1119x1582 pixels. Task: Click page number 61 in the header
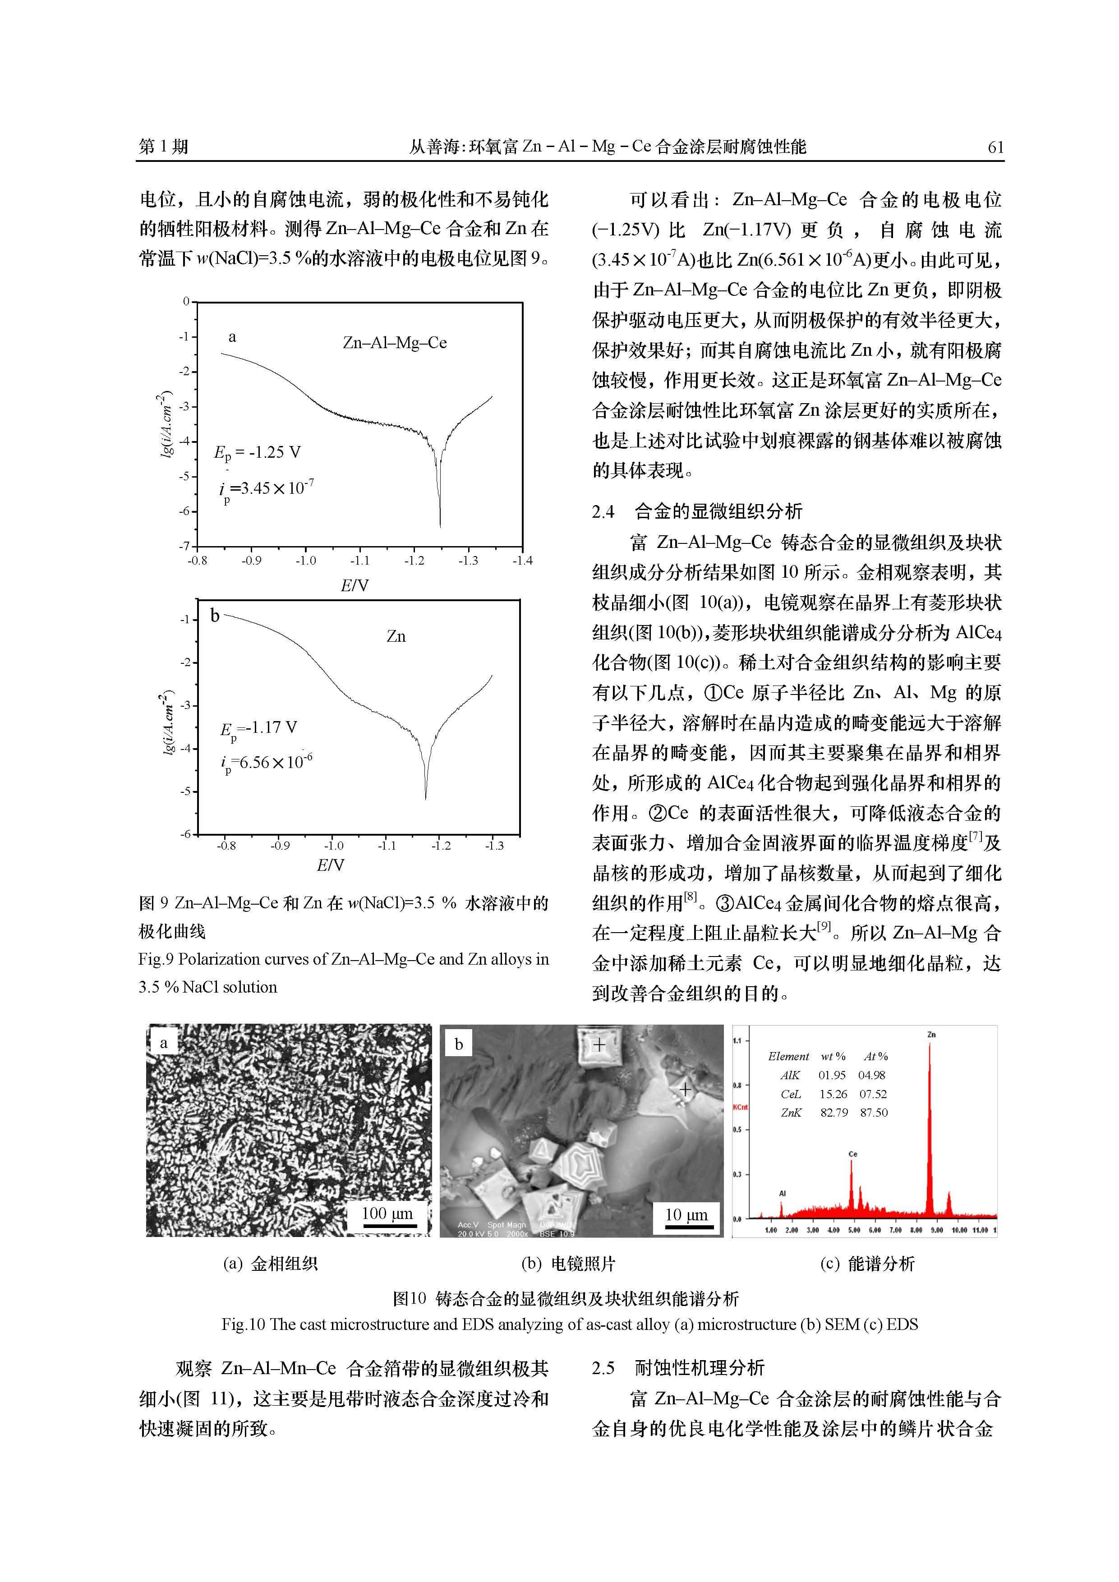coord(995,147)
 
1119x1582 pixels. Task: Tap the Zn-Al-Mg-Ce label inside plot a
coord(395,342)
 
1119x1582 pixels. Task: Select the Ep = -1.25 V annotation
coord(257,453)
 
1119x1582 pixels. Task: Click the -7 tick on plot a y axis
coord(184,547)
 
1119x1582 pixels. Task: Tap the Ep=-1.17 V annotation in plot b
coord(258,729)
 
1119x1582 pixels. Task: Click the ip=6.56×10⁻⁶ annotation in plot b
coord(266,763)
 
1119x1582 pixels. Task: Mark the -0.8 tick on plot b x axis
coord(226,846)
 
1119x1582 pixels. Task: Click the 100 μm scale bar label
coord(387,1214)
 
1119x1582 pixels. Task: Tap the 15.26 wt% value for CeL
coord(833,1094)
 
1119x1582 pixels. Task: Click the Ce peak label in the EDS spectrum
coord(853,1154)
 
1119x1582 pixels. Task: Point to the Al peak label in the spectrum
coord(782,1193)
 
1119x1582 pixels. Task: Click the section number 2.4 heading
coord(603,511)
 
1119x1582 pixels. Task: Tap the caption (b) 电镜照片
coord(568,1264)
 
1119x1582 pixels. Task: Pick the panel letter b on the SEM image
coord(459,1044)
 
